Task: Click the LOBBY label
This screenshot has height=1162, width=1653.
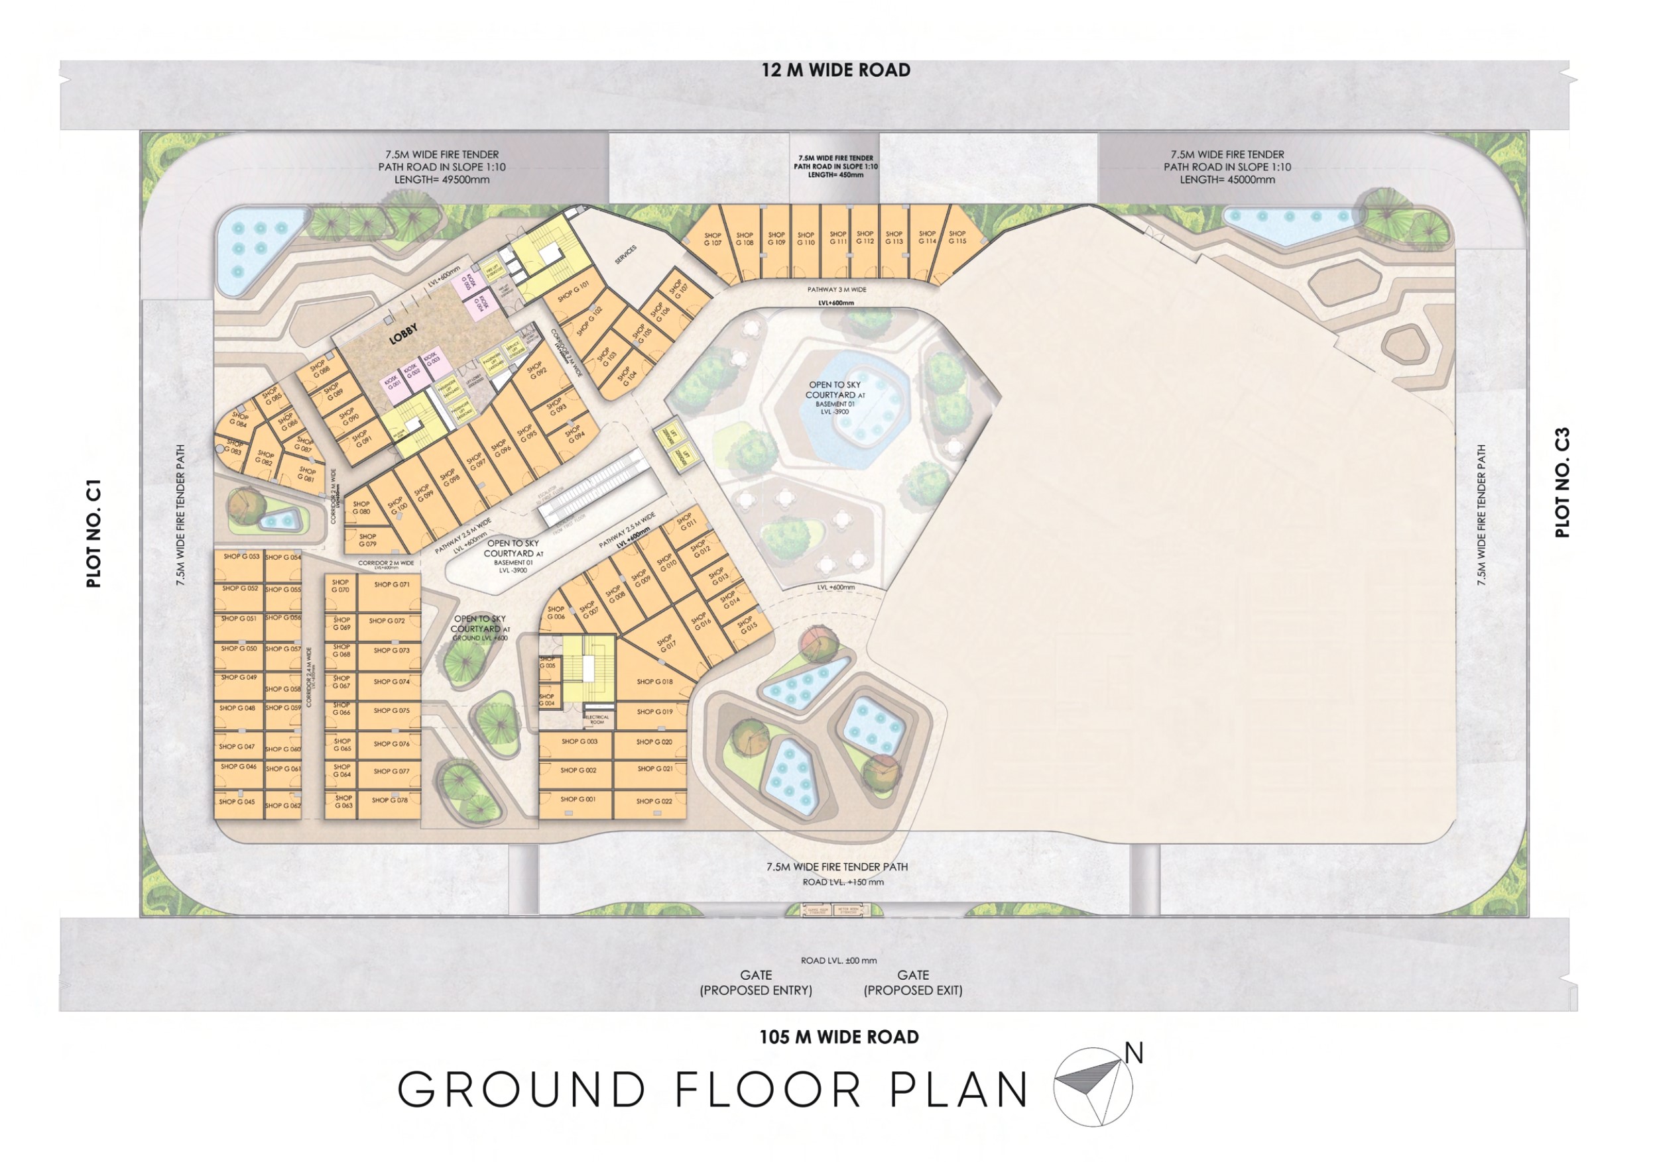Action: [403, 335]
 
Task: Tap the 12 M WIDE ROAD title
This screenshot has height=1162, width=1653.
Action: [836, 70]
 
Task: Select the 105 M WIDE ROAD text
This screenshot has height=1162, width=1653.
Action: [839, 1037]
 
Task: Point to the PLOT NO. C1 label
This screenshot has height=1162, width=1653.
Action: [94, 534]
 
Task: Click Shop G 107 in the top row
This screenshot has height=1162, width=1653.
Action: [712, 240]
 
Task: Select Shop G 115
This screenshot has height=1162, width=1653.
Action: [957, 238]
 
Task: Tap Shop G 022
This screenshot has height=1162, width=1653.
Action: [654, 801]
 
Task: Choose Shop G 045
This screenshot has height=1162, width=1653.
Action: [237, 802]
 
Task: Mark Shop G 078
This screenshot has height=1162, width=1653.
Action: [389, 800]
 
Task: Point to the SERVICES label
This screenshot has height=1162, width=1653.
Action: [626, 254]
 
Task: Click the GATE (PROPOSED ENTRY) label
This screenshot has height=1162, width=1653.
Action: [756, 983]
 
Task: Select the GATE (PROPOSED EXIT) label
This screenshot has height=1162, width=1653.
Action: [913, 983]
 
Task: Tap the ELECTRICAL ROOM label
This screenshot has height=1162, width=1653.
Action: [597, 719]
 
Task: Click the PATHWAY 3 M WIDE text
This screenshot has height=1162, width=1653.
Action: [837, 290]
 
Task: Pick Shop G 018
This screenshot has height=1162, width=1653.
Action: [654, 682]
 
